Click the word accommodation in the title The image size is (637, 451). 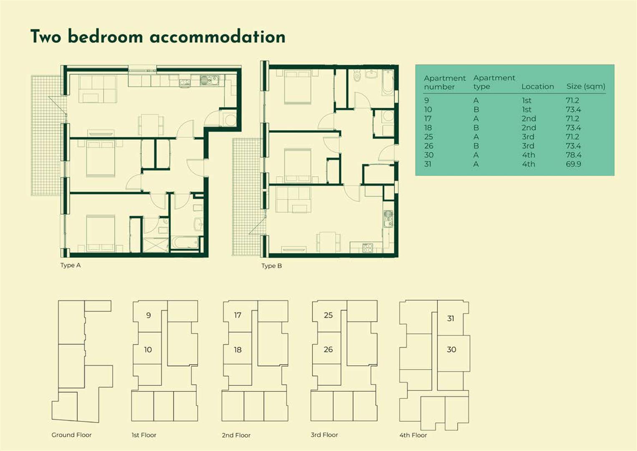(x=217, y=37)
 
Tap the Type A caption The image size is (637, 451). (x=70, y=265)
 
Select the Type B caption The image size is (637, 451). (x=272, y=266)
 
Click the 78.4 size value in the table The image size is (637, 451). (x=574, y=155)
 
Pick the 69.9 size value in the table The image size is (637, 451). (x=574, y=164)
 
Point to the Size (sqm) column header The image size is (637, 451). (x=586, y=86)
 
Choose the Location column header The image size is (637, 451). (x=538, y=86)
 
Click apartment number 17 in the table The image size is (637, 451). (x=428, y=119)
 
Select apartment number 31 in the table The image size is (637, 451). (x=428, y=164)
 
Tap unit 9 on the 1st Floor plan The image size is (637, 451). (x=149, y=315)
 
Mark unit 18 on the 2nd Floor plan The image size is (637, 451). (x=238, y=350)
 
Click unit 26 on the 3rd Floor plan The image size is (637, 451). (x=328, y=350)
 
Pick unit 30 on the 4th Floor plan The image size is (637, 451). (x=451, y=350)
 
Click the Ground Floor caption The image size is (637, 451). (x=71, y=435)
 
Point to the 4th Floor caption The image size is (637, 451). (x=413, y=435)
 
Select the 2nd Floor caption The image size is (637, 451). (x=236, y=435)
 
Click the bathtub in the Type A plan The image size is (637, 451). (x=185, y=243)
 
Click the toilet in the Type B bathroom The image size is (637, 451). (x=357, y=76)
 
